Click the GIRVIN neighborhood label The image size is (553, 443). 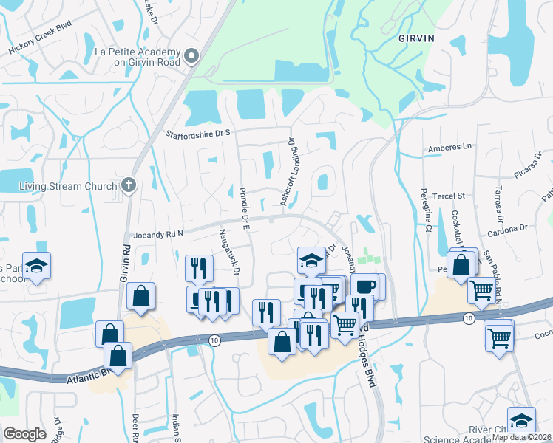[415, 38]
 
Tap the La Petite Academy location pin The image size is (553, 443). [191, 56]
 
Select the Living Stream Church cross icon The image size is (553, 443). [129, 185]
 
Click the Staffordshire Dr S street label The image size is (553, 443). [197, 133]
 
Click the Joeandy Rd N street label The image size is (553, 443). [157, 235]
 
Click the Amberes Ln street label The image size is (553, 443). [449, 147]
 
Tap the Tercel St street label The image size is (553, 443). [449, 196]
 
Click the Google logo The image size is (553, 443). [24, 434]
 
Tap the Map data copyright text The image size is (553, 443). [521, 437]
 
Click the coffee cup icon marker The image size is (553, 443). [365, 285]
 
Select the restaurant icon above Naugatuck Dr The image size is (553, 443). [197, 267]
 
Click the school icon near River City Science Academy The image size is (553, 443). [521, 419]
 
